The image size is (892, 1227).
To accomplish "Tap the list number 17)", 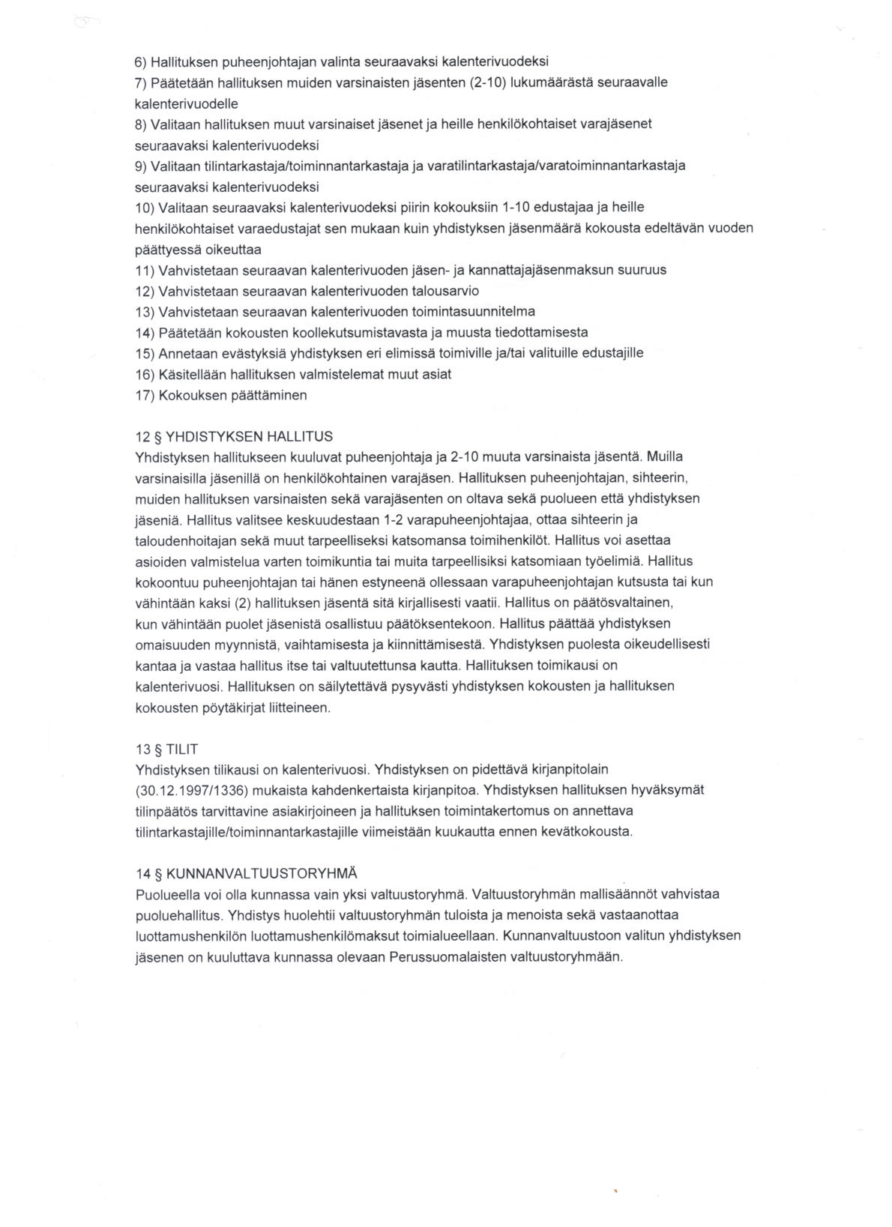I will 145,395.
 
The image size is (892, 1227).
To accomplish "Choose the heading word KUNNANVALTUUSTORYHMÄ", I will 262,873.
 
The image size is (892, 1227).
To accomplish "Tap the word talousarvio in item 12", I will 445,291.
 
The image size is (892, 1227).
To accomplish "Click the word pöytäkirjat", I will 229,707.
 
